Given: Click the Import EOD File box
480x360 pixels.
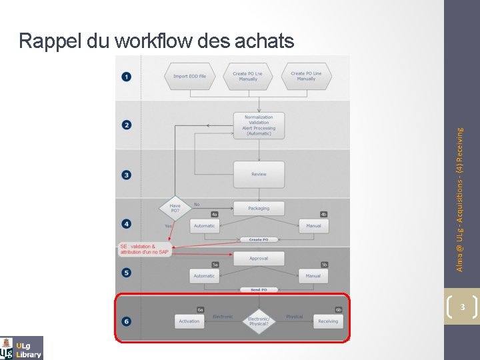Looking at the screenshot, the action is pyautogui.click(x=190, y=76).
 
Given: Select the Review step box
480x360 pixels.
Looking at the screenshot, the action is pyautogui.click(x=259, y=174).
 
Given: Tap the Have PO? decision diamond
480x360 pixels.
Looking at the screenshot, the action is pyautogui.click(x=175, y=208).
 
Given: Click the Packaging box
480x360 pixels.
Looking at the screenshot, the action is pyautogui.click(x=259, y=208).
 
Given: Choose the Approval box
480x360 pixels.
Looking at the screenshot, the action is pyautogui.click(x=259, y=258).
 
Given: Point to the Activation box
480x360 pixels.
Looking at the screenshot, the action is pyautogui.click(x=189, y=321).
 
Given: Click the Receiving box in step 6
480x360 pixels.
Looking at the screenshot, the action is pyautogui.click(x=327, y=321).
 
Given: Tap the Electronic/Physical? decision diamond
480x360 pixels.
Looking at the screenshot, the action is pyautogui.click(x=259, y=321).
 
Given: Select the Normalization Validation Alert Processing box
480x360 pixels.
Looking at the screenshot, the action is pyautogui.click(x=259, y=125).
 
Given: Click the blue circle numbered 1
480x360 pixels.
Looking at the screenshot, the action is pyautogui.click(x=127, y=76).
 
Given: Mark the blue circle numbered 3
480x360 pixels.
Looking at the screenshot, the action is pyautogui.click(x=127, y=175).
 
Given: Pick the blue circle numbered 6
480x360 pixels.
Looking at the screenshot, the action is pyautogui.click(x=127, y=321).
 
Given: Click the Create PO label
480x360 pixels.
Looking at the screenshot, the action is pyautogui.click(x=259, y=239).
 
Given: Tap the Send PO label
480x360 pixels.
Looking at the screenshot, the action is pyautogui.click(x=259, y=289).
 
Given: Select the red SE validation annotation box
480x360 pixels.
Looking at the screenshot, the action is pyautogui.click(x=145, y=249).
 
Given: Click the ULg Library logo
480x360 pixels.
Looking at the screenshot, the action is pyautogui.click(x=22, y=347).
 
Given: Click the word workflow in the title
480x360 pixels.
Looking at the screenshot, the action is pyautogui.click(x=156, y=41).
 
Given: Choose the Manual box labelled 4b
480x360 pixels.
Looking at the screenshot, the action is pyautogui.click(x=313, y=225).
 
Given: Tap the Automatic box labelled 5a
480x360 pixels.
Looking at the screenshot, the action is pyautogui.click(x=204, y=275).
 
